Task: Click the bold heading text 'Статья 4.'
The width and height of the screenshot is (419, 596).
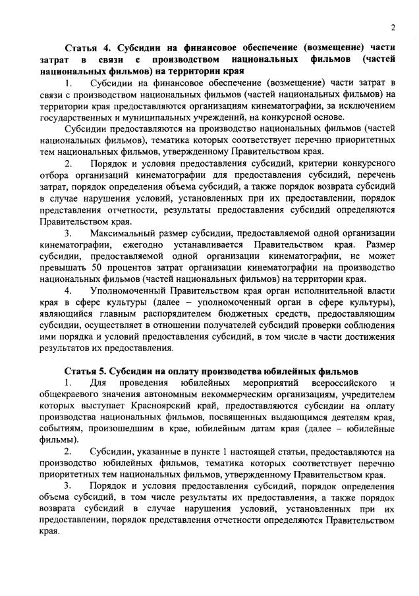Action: pos(86,48)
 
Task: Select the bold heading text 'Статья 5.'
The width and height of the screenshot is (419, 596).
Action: pos(85,371)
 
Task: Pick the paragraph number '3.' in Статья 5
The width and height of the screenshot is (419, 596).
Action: pos(69,485)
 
